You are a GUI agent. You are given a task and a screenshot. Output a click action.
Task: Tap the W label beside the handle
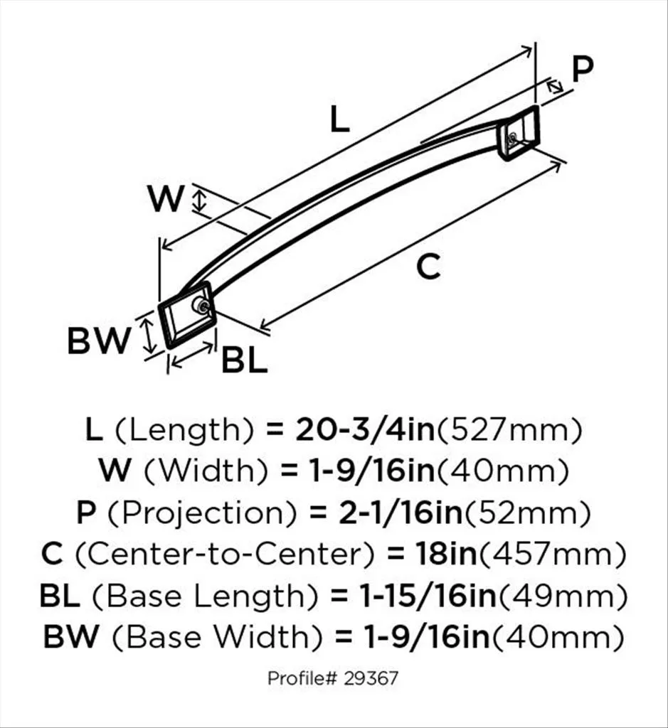(x=166, y=199)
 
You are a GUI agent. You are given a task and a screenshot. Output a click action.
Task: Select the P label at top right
(x=583, y=70)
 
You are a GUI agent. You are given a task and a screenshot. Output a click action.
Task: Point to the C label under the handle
(x=428, y=267)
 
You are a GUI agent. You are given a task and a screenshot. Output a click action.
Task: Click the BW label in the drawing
(x=99, y=342)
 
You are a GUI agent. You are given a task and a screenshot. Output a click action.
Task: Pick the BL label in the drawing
(x=244, y=361)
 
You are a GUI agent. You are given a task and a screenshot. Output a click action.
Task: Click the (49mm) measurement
(x=562, y=595)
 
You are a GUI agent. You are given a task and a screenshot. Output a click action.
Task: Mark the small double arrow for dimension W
(x=201, y=200)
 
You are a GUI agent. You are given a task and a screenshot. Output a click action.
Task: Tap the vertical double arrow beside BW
(x=148, y=336)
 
